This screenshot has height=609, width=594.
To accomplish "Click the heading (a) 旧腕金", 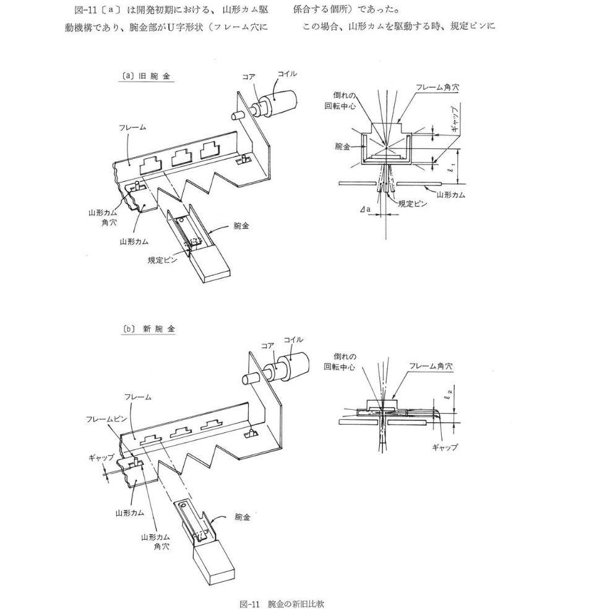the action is click(146, 76).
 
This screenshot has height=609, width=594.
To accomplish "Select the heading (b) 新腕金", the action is click(148, 329).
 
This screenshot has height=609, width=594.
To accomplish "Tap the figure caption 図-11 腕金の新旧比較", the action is click(282, 604).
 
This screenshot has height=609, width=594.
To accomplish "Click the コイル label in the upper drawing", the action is click(287, 74).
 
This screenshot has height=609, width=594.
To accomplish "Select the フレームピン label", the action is click(106, 419).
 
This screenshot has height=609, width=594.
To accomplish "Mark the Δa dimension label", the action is click(365, 210).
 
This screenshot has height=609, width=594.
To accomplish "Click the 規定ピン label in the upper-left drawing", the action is click(162, 260).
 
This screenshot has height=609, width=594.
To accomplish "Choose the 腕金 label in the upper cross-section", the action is click(342, 146).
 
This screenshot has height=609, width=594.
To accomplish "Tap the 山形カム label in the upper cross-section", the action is click(450, 194).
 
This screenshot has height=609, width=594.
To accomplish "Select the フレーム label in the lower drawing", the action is click(137, 396).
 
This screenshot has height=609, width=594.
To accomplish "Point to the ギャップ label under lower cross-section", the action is click(445, 447).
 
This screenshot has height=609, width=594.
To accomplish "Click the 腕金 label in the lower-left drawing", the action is click(243, 516).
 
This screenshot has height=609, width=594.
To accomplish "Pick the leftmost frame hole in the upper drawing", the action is click(150, 166).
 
